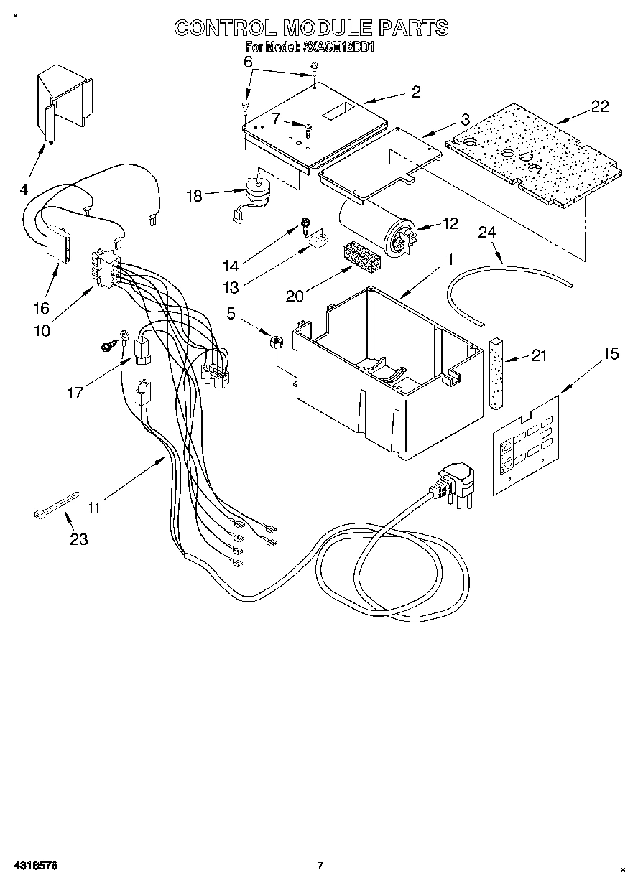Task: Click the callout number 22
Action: pyautogui.click(x=600, y=106)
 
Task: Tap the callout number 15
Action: pyautogui.click(x=611, y=354)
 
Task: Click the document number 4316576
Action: pyautogui.click(x=34, y=865)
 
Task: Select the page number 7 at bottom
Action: pyautogui.click(x=321, y=865)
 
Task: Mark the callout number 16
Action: pyautogui.click(x=41, y=307)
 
